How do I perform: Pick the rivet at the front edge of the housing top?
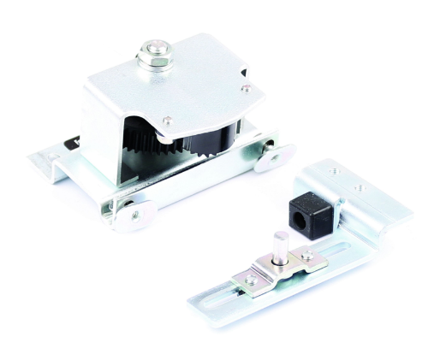(x=169, y=120)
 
